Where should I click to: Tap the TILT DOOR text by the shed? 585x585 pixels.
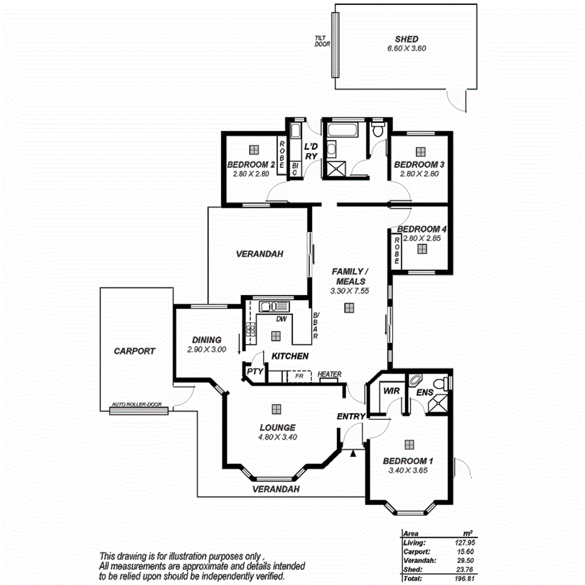pyautogui.click(x=322, y=41)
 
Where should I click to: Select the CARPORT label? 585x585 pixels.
pyautogui.click(x=134, y=352)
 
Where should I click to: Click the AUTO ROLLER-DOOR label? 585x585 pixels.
pyautogui.click(x=139, y=404)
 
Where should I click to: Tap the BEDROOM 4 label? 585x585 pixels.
pyautogui.click(x=417, y=229)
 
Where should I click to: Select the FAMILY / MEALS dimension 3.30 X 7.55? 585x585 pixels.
pyautogui.click(x=348, y=291)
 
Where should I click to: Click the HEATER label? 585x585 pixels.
pyautogui.click(x=330, y=375)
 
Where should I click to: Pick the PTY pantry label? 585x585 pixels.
pyautogui.click(x=254, y=372)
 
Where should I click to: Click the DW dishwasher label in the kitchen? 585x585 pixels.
pyautogui.click(x=282, y=319)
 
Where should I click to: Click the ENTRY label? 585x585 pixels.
pyautogui.click(x=350, y=416)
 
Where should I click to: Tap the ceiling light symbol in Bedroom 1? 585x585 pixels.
pyautogui.click(x=409, y=444)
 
